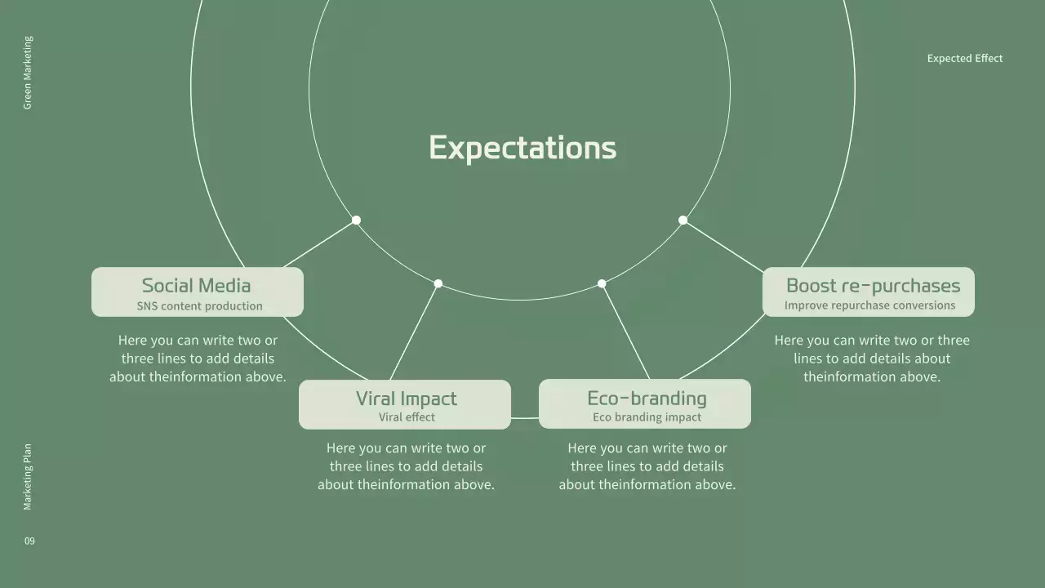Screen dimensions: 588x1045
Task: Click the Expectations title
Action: point(522,148)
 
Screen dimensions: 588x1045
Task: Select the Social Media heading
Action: point(196,285)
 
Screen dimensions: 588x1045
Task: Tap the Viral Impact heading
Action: point(406,399)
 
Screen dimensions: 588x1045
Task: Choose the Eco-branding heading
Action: point(647,399)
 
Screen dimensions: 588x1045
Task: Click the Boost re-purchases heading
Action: point(873,285)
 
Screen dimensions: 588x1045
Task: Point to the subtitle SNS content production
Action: point(199,306)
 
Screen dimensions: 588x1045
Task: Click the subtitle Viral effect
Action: point(407,417)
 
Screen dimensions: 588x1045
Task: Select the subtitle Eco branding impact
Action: point(647,417)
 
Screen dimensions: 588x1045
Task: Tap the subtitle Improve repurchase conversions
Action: point(869,305)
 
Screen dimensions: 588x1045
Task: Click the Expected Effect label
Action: point(964,58)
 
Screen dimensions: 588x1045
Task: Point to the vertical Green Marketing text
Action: point(28,73)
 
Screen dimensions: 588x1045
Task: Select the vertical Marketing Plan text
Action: point(28,477)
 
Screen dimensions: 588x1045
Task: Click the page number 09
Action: point(29,541)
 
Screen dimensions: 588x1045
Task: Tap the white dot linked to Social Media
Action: point(356,220)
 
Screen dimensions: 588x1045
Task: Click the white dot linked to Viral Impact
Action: point(438,283)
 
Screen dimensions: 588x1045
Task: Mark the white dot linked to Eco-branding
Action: point(602,283)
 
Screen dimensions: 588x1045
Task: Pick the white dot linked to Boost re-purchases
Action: point(683,220)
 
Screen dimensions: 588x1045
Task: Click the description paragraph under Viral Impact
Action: point(406,466)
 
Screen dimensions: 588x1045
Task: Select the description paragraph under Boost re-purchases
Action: point(872,359)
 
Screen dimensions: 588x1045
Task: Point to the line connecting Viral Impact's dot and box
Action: point(415,331)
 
